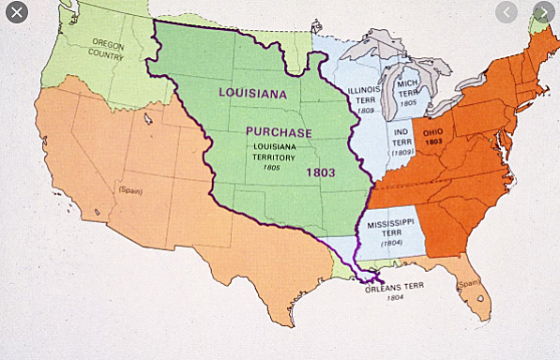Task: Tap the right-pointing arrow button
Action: point(542,13)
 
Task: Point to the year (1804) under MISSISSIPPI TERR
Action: point(391,244)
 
